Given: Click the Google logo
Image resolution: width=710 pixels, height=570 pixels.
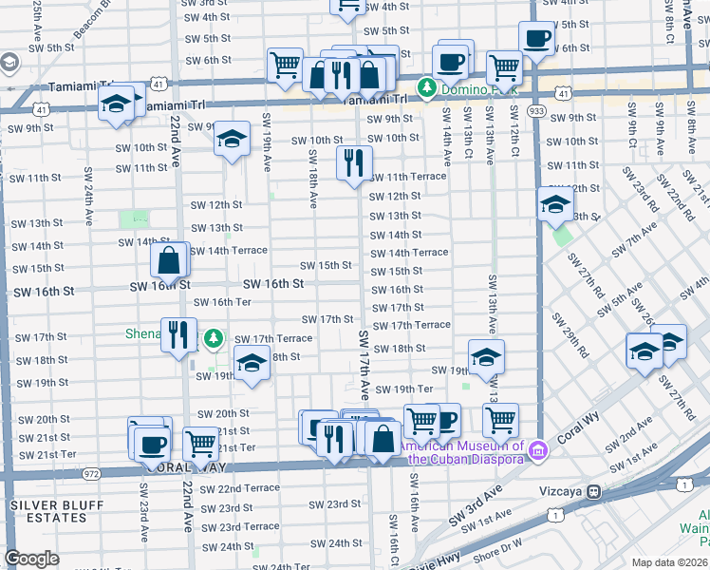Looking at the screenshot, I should click(31, 559).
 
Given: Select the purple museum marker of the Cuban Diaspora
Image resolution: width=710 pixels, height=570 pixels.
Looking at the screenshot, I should click(538, 448).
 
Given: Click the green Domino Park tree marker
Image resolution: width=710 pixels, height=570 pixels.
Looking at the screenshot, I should click(427, 88).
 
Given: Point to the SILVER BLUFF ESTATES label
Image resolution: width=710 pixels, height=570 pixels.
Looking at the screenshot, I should click(49, 511).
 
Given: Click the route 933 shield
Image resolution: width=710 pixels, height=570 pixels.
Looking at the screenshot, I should click(538, 110).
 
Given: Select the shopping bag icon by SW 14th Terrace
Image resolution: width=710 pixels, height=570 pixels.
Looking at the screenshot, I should click(169, 259).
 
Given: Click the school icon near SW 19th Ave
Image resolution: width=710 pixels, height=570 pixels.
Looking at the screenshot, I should click(231, 140).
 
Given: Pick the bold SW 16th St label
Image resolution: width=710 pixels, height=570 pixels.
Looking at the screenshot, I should click(273, 284).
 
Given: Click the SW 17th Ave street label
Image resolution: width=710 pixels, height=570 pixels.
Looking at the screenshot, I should click(364, 366).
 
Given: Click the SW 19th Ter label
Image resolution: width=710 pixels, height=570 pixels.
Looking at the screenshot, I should click(404, 389).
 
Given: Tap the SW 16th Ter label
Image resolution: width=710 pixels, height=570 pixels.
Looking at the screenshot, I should click(222, 302).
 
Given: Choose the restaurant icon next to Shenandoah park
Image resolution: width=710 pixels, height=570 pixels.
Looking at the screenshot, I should click(177, 333).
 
